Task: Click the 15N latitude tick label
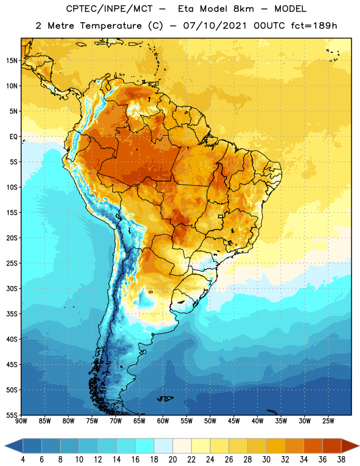12,61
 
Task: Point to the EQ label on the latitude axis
13,137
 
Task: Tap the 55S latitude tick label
12,415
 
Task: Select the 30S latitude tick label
12,288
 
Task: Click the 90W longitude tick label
21,421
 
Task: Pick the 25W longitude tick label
328,421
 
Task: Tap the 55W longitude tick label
186,421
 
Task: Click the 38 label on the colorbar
341,460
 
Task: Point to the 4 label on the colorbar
23,460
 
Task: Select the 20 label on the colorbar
172,460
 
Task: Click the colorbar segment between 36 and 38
332,446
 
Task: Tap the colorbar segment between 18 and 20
163,446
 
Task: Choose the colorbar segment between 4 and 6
32,446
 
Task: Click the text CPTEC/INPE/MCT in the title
110,9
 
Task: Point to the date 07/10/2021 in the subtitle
214,26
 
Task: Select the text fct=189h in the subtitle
314,26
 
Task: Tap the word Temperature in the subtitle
111,26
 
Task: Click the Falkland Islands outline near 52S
165,398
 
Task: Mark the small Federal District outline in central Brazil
221,216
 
